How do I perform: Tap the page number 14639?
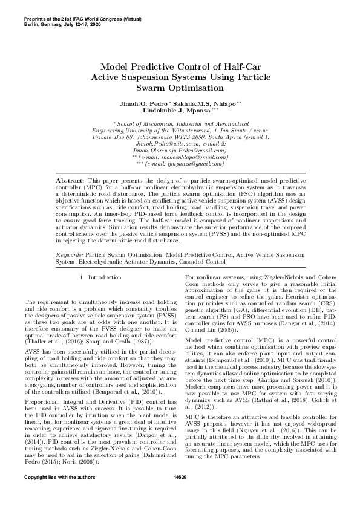point(180,494)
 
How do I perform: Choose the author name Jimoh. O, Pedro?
point(144,105)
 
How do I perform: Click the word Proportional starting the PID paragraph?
point(42,384)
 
